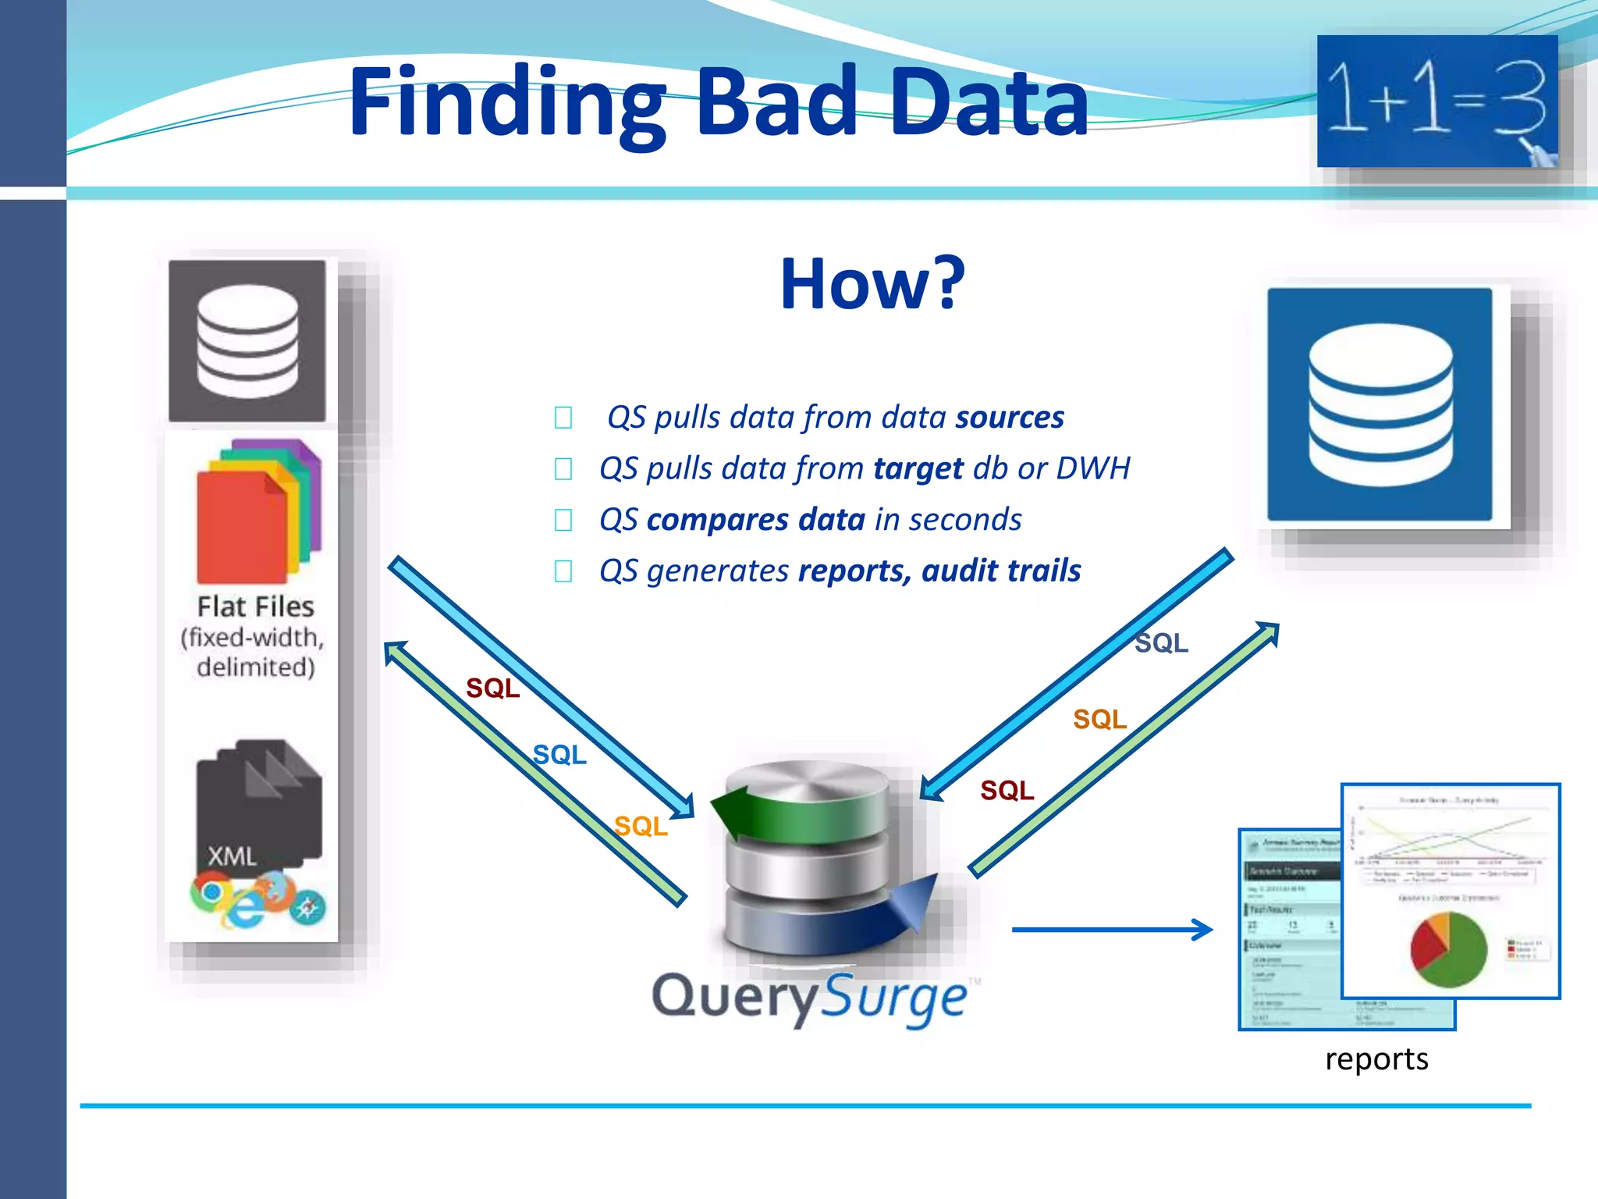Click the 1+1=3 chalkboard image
coord(1436,101)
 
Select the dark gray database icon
coord(247,341)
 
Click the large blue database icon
coord(1380,404)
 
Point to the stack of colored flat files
coord(257,511)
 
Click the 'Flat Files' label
coord(255,607)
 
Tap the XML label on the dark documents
coord(232,856)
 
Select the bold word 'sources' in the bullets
coord(1009,418)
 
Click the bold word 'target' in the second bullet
coord(918,468)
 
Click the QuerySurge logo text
coord(809,998)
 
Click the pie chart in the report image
coord(1448,949)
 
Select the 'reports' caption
coord(1376,1059)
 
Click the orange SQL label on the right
coord(1099,719)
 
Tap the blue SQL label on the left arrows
coord(559,755)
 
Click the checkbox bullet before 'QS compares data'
coord(563,520)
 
